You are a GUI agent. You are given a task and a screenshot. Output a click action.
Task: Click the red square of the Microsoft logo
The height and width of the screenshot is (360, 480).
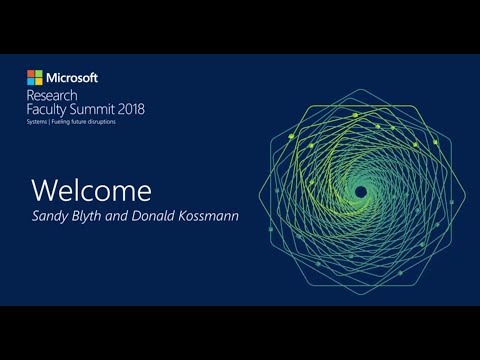pos(31,73)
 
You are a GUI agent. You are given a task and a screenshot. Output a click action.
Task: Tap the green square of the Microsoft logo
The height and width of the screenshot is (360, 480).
pos(38,73)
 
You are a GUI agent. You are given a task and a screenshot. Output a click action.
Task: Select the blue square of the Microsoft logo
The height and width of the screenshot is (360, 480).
pos(31,80)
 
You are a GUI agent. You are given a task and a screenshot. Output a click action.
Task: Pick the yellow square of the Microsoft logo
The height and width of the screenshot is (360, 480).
pos(38,80)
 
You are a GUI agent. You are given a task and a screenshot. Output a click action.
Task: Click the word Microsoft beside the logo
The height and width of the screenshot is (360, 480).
pos(71,77)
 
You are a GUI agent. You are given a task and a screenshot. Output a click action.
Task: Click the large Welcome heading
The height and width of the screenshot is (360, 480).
pos(92,189)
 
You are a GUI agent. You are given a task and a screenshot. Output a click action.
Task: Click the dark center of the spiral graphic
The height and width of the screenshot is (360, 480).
pos(361,191)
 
